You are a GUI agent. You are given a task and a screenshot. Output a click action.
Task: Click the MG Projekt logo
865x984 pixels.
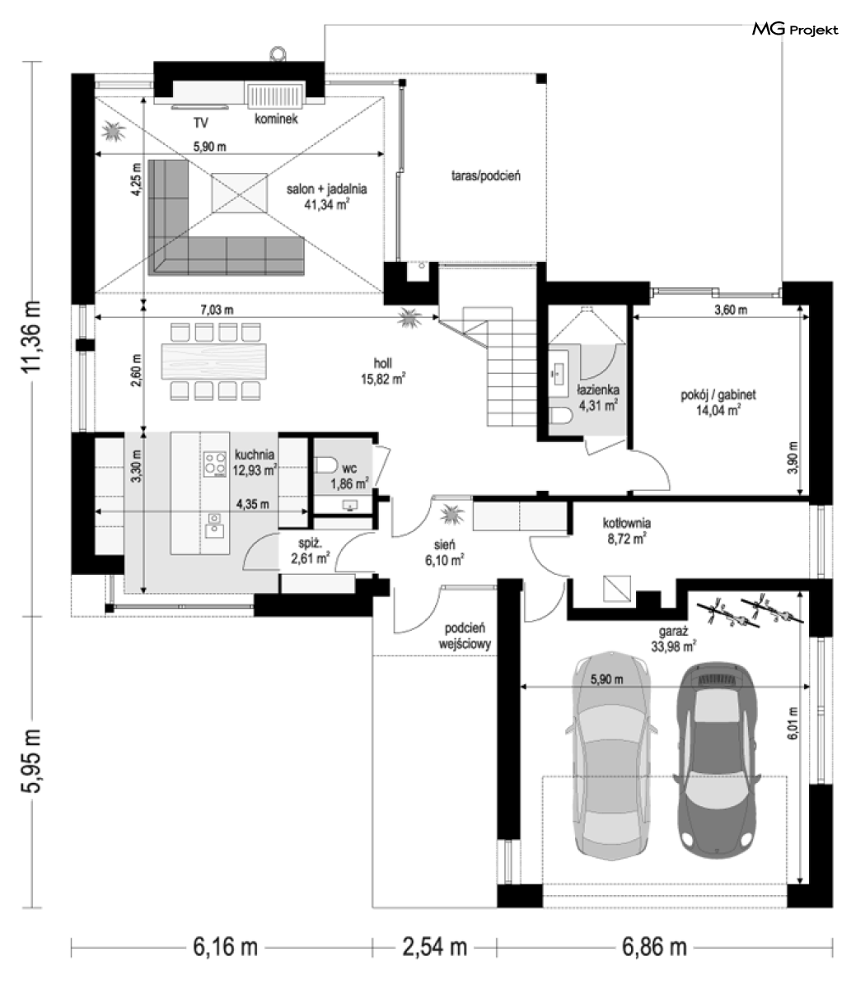[795, 30]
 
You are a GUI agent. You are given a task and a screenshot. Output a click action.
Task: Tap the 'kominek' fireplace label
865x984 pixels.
[276, 119]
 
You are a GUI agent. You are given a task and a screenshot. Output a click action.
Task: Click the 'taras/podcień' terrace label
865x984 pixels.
[486, 175]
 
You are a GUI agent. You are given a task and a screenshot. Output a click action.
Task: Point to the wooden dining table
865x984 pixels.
[214, 361]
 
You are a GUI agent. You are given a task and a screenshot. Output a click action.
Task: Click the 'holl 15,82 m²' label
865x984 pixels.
[383, 371]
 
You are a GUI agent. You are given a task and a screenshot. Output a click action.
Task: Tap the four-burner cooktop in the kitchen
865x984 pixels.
[215, 464]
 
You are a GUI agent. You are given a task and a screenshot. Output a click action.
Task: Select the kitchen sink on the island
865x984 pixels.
[215, 525]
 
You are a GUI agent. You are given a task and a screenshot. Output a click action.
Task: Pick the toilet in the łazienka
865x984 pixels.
[560, 417]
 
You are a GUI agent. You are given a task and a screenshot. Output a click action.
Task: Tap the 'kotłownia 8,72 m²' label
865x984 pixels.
[626, 530]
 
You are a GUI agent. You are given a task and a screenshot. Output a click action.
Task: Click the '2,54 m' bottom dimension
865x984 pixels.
[434, 947]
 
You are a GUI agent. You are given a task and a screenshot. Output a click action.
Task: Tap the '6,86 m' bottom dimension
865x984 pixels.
[654, 947]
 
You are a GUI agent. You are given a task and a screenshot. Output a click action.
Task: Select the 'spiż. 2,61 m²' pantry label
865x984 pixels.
[310, 550]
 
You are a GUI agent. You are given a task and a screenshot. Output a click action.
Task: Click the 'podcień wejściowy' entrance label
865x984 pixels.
[465, 636]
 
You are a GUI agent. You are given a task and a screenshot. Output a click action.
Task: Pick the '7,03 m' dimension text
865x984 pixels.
[217, 310]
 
